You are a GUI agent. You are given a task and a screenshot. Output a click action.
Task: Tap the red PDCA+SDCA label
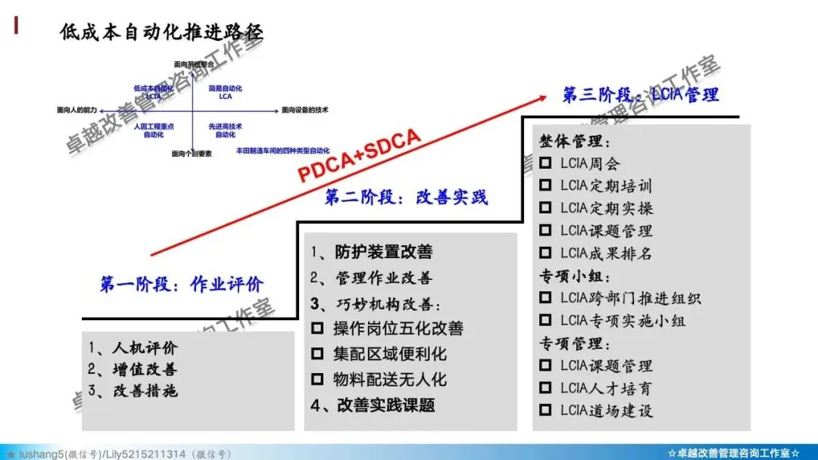coord(358,156)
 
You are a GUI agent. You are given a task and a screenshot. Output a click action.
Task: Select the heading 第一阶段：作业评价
coord(182,284)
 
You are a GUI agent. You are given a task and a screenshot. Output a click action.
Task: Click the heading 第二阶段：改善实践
coord(407,197)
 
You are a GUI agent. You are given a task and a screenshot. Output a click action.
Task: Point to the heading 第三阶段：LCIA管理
coord(640,95)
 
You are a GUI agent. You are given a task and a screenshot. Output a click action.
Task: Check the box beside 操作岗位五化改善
coord(318,329)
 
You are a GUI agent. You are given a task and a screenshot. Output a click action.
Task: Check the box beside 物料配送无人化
coord(318,379)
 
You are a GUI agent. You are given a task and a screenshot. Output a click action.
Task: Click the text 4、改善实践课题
coord(373,405)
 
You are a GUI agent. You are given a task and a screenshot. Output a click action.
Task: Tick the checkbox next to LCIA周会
coord(545,163)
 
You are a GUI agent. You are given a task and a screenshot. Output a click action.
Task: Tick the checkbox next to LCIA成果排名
coord(545,253)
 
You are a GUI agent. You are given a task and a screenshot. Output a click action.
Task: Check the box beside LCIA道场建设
coord(545,411)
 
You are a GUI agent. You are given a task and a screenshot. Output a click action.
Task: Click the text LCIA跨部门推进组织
coord(630,298)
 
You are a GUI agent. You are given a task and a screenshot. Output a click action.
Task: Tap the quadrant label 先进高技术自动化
coord(226,130)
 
